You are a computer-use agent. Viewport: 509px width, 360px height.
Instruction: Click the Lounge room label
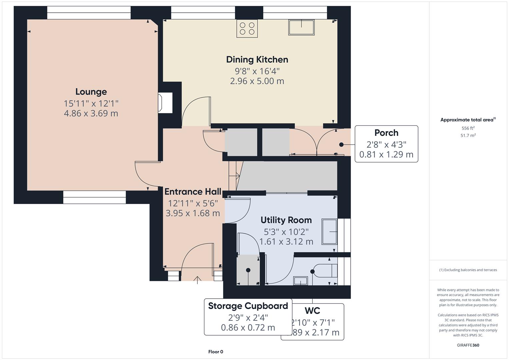[x=91, y=92]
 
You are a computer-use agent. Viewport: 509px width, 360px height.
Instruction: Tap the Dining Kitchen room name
[x=257, y=60]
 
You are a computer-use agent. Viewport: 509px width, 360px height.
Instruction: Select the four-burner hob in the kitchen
[x=247, y=28]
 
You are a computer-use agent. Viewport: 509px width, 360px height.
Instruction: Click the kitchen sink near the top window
[x=301, y=27]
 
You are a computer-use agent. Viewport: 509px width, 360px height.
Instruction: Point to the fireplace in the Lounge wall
[x=165, y=103]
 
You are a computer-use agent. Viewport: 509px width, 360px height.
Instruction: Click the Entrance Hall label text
[x=193, y=192]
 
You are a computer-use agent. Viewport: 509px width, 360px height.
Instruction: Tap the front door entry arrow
[x=197, y=280]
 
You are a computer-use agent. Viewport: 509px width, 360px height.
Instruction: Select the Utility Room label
[x=286, y=220]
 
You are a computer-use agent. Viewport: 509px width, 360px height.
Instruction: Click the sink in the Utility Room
[x=329, y=232]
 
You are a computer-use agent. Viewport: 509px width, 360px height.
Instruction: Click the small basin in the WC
[x=300, y=281]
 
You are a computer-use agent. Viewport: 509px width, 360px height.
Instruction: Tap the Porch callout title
[x=386, y=133]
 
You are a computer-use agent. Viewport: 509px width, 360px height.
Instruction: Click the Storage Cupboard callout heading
[x=248, y=306]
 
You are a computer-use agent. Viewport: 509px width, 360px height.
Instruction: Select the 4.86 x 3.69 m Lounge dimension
[x=91, y=113]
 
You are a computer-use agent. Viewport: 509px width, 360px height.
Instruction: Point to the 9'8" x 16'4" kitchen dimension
[x=257, y=71]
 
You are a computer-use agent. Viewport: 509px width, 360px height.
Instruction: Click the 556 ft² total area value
[x=468, y=128]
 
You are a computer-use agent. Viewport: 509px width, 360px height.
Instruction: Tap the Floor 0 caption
[x=216, y=352]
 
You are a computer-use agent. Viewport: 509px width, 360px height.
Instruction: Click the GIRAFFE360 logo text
[x=468, y=345]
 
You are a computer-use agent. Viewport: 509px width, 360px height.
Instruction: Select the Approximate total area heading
[x=468, y=120]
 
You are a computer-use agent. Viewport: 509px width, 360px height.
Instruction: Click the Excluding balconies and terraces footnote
[x=468, y=270]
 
